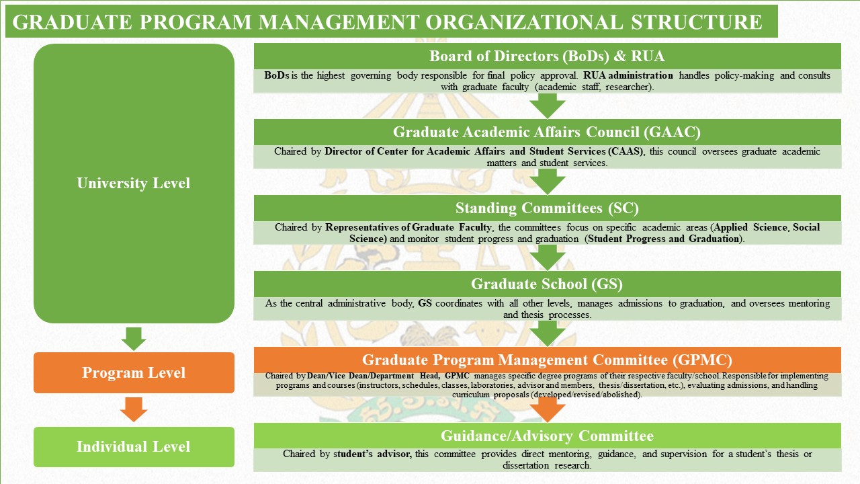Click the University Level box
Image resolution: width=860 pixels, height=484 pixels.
[134, 184]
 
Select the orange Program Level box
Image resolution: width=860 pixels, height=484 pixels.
[134, 372]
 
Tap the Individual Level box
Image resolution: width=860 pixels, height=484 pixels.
[134, 447]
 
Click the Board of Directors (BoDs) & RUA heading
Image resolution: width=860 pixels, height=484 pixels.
[547, 56]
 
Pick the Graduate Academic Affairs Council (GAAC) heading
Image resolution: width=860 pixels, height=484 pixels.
[547, 132]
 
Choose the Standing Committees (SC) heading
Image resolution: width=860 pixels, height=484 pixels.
[547, 208]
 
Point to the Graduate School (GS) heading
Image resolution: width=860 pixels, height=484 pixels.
[547, 284]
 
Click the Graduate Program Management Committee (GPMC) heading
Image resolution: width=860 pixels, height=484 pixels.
[547, 360]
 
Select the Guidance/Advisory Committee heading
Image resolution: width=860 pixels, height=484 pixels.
[547, 436]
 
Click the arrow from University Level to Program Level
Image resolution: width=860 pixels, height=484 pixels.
[134, 339]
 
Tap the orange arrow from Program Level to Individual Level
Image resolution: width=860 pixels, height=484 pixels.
[134, 409]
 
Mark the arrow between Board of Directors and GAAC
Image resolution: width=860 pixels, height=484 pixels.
[548, 106]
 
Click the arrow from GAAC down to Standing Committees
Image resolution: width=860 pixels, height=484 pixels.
[548, 182]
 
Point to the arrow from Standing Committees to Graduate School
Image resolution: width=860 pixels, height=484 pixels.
[548, 257]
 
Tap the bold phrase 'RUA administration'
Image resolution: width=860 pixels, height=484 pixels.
[628, 75]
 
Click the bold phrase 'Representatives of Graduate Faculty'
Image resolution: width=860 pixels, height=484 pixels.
[408, 227]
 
